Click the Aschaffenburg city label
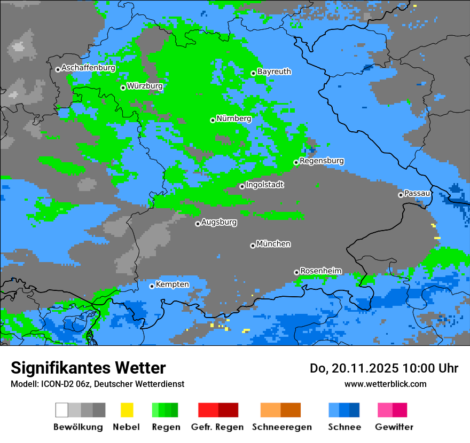(x=88, y=68)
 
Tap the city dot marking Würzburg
(x=123, y=88)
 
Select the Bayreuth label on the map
(x=274, y=72)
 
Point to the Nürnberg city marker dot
(x=213, y=120)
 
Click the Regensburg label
(x=322, y=161)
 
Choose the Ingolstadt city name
(x=265, y=185)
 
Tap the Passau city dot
(x=401, y=195)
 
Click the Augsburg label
(x=219, y=222)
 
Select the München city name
(x=273, y=244)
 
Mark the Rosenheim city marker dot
(x=296, y=272)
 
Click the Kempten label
(x=172, y=284)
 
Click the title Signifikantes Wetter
(x=88, y=368)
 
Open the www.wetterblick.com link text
(x=385, y=384)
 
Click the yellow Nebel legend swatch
(x=127, y=410)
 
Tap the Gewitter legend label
(x=394, y=427)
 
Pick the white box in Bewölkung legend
(x=61, y=410)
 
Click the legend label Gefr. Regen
(x=217, y=427)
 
